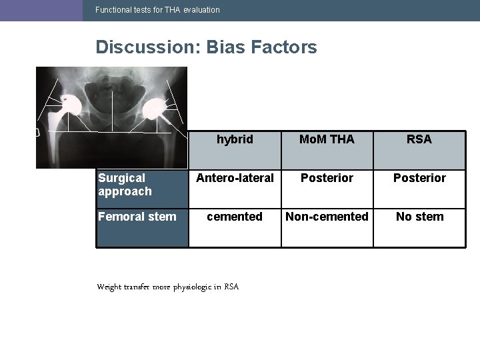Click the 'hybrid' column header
click(x=235, y=139)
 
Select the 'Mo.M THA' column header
click(x=327, y=139)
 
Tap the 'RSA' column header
click(x=419, y=139)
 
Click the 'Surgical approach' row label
click(x=125, y=185)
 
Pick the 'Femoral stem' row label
click(x=137, y=217)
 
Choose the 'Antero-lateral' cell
click(x=235, y=178)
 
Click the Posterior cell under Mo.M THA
click(x=327, y=178)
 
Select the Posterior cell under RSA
click(x=419, y=178)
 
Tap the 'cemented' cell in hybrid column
click(x=235, y=217)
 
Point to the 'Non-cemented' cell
click(x=327, y=217)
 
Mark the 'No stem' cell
click(x=419, y=217)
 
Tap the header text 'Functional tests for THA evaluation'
click(x=157, y=10)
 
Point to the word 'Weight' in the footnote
click(x=109, y=287)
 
